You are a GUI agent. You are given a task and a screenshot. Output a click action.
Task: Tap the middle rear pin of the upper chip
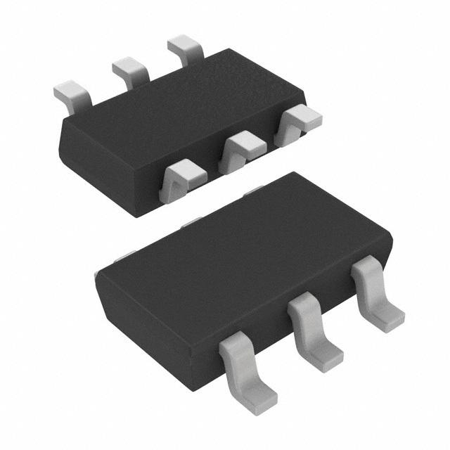click(x=130, y=69)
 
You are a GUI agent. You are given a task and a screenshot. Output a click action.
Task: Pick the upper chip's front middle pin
click(x=242, y=149)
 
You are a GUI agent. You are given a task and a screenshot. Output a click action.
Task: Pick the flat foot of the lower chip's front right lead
click(x=387, y=318)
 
